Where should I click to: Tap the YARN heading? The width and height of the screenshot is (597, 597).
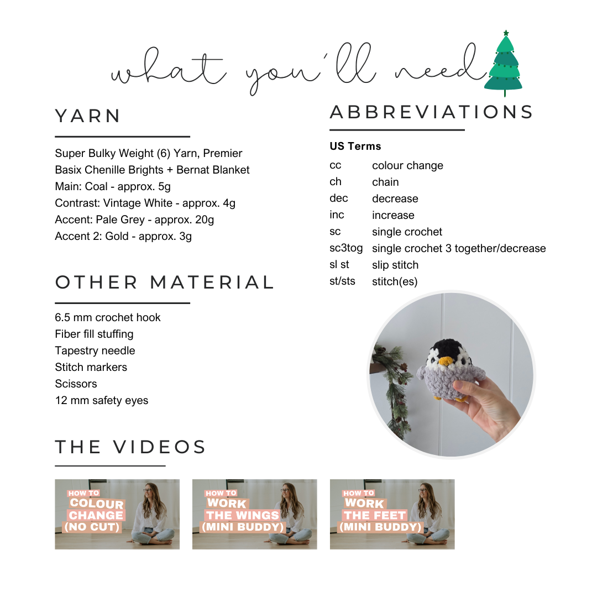[88, 116]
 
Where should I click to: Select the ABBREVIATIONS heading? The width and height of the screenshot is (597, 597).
[431, 112]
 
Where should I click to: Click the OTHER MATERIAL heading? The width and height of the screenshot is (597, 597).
[165, 282]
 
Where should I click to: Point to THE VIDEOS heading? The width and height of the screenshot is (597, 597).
[130, 447]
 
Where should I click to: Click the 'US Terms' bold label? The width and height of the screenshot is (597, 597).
[355, 146]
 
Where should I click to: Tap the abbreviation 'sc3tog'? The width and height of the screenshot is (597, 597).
[345, 248]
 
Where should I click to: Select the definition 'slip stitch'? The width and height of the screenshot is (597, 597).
[395, 265]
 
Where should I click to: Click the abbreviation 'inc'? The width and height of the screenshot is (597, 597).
[337, 215]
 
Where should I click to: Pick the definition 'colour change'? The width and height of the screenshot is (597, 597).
[407, 166]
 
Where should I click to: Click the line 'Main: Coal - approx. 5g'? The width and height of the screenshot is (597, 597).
[113, 187]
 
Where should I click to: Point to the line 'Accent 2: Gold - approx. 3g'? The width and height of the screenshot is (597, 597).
[123, 237]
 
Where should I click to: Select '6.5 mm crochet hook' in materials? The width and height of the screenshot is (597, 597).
[108, 317]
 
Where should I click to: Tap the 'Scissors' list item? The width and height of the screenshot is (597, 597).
[76, 384]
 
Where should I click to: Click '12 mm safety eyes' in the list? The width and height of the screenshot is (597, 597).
[102, 401]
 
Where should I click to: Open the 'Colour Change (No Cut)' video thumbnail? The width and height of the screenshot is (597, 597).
[117, 514]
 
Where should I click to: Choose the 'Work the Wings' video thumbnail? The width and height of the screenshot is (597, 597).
[255, 514]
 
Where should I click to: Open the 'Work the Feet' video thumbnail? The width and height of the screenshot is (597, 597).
[392, 514]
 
